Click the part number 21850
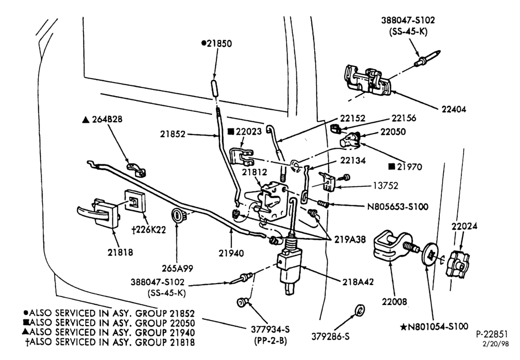point(219,44)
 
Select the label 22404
point(453,109)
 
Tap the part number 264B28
point(107,120)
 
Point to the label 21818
point(120,252)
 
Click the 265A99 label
point(177,268)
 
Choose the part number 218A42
point(358,281)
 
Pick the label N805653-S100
point(398,207)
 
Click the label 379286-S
point(330,337)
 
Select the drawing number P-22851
point(492,334)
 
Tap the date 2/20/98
point(496,344)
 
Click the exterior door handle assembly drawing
point(98,213)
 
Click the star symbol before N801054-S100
point(404,327)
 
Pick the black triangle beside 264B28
point(86,120)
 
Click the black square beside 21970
point(392,166)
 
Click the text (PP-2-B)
point(270,341)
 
